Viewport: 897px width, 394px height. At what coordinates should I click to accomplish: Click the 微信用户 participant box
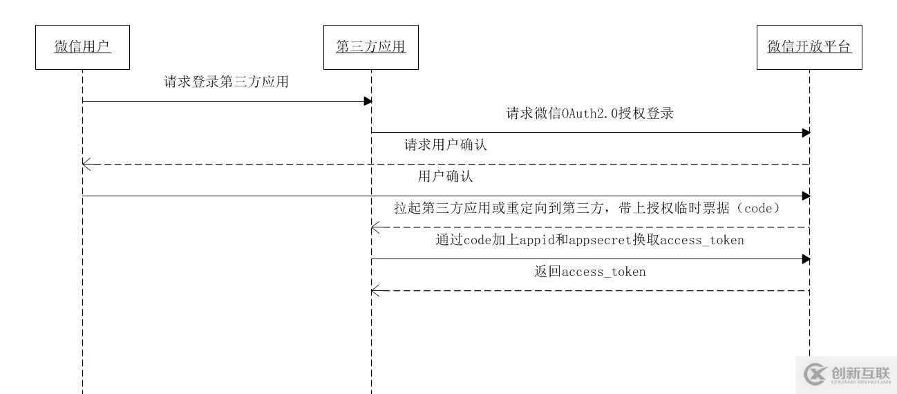pos(82,47)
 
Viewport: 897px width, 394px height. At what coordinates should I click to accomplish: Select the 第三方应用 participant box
pos(371,47)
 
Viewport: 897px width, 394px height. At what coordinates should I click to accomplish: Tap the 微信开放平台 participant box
pos(809,47)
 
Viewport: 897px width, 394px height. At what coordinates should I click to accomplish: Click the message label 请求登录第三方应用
pos(226,82)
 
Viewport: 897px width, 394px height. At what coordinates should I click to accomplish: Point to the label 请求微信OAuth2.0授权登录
pos(589,114)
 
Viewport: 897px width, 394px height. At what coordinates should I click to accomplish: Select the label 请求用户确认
pos(446,145)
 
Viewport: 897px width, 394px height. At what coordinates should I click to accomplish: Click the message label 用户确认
pos(446,177)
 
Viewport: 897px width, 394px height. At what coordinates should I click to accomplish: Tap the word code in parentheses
pos(756,209)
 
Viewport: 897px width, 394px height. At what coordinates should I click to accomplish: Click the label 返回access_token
pos(589,272)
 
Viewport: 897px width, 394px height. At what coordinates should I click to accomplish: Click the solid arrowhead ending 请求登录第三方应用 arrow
pos(368,101)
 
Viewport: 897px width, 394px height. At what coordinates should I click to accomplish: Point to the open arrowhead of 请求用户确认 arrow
pos(86,164)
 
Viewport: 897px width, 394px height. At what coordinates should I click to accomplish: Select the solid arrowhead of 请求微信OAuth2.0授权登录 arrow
pos(806,132)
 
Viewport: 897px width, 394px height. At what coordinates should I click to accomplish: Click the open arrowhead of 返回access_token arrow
pos(375,290)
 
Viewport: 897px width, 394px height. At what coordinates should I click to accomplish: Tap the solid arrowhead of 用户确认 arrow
pos(806,196)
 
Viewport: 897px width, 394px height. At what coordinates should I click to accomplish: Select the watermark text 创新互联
pos(861,371)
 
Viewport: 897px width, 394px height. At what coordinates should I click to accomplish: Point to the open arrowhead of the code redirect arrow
pos(375,227)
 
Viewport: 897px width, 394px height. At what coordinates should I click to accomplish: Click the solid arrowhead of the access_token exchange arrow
pos(806,259)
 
